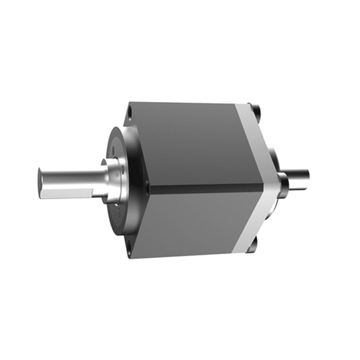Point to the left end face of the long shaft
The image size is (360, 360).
pyautogui.click(x=41, y=182)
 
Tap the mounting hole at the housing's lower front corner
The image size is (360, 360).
pyautogui.click(x=128, y=251)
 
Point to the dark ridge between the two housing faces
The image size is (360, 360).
pyautogui.click(x=206, y=187)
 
